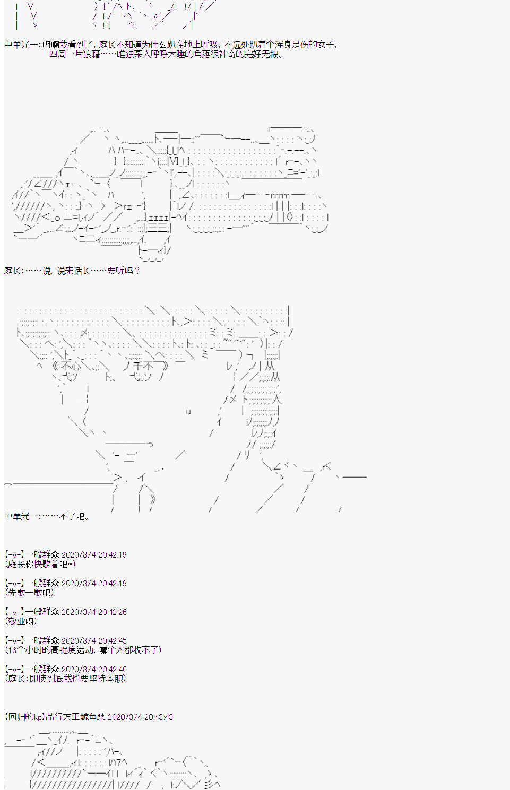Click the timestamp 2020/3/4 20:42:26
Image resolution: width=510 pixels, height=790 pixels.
click(x=94, y=612)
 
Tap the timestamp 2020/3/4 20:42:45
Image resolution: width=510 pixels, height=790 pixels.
click(x=94, y=640)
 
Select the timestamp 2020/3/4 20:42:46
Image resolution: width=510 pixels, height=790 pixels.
click(x=94, y=669)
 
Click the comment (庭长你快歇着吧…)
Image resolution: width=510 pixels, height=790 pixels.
click(x=40, y=564)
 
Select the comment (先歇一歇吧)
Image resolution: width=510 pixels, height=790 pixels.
click(x=29, y=593)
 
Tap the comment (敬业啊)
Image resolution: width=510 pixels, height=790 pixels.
click(x=21, y=621)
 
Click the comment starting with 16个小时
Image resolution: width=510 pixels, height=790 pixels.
click(x=83, y=649)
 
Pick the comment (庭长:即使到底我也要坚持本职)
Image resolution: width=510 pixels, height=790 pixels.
click(x=66, y=678)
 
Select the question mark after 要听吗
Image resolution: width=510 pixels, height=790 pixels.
click(x=137, y=271)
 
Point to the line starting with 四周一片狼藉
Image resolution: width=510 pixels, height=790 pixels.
click(x=166, y=54)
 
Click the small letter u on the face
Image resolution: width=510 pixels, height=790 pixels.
click(x=188, y=412)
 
